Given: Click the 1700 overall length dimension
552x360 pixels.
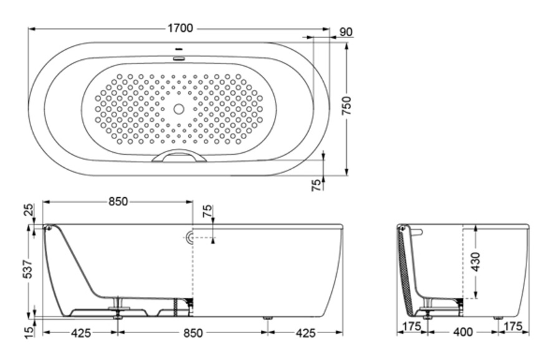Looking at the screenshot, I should pos(180,28).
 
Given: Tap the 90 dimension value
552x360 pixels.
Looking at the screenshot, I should pos(347,32).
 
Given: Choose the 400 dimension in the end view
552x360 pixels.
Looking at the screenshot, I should pos(462,333).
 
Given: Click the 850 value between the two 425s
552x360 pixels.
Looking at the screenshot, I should pos(193,333).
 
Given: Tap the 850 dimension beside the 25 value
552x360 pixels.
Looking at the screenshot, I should pos(118,202).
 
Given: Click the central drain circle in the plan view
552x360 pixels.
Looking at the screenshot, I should pos(179,109).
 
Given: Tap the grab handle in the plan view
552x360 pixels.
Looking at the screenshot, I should pos(180,156).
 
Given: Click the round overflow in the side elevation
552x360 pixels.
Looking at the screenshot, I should pos(190,237).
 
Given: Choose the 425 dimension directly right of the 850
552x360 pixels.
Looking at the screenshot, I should pos(305,333).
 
